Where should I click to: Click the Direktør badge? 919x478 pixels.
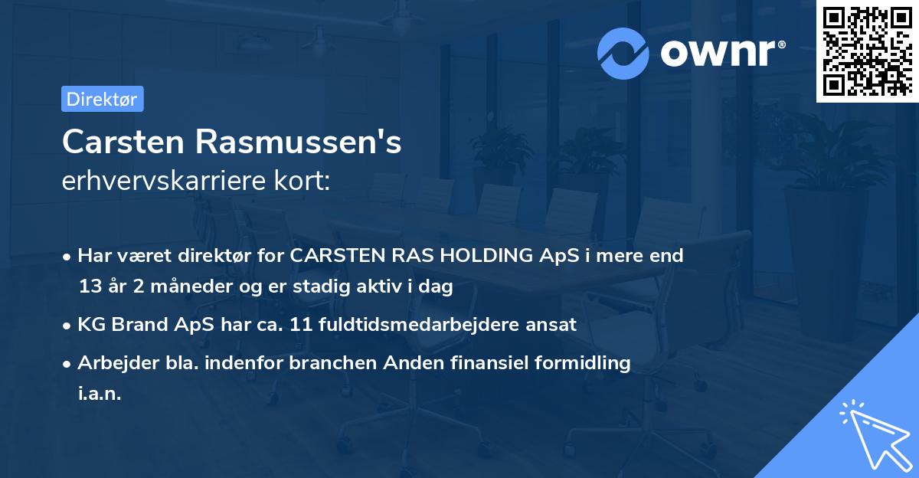coord(102,99)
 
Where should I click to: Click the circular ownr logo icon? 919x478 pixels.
coord(623,53)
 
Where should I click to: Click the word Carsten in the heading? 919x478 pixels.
coord(123,142)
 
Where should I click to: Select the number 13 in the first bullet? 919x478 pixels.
coord(89,287)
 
